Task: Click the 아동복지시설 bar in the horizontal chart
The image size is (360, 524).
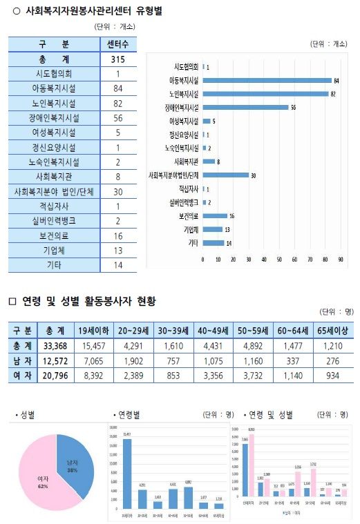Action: pos(267,81)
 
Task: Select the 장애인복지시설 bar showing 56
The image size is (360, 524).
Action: pos(245,108)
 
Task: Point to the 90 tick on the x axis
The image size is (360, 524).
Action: pos(341,260)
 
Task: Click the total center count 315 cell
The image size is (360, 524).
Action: pos(117,59)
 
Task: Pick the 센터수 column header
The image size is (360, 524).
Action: pos(117,44)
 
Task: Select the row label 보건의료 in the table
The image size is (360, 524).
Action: pos(55,235)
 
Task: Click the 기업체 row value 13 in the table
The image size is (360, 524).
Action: pos(117,250)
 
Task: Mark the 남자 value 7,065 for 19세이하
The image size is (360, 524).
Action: pos(93,359)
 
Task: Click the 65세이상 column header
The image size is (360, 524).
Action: pos(332,329)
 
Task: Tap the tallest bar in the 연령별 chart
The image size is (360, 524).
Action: pos(126,473)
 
